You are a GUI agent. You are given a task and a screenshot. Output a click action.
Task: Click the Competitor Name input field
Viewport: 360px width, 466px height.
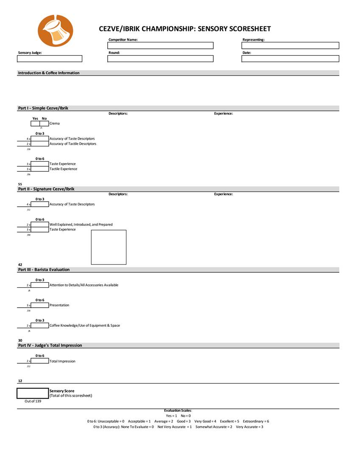pyautogui.click(x=160, y=45)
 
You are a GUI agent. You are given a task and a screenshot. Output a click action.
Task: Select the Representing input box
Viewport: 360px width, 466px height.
pyautogui.click(x=290, y=45)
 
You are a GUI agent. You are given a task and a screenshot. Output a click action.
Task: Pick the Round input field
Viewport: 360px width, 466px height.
pyautogui.click(x=160, y=59)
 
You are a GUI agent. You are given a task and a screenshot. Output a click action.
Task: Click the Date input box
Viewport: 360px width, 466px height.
pyautogui.click(x=290, y=59)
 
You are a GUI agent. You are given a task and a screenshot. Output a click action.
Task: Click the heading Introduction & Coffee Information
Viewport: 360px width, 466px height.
pyautogui.click(x=49, y=73)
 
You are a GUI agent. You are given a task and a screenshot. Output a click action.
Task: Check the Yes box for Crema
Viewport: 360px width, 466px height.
pyautogui.click(x=35, y=124)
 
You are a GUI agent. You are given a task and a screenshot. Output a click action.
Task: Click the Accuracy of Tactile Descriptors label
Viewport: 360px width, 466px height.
pyautogui.click(x=73, y=144)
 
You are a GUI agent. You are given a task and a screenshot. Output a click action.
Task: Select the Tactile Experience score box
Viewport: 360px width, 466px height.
pyautogui.click(x=40, y=169)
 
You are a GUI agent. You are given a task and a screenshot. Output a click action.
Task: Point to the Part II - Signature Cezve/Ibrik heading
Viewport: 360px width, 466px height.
pyautogui.click(x=49, y=189)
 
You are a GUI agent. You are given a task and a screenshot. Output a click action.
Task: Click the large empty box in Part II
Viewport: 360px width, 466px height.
pyautogui.click(x=109, y=247)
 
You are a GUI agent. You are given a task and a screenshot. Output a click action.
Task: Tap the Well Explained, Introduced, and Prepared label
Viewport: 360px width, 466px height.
pyautogui.click(x=81, y=225)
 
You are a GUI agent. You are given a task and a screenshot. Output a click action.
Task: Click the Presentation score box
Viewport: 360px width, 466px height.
pyautogui.click(x=40, y=305)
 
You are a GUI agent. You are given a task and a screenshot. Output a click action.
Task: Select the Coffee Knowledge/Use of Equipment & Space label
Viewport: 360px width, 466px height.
pyautogui.click(x=85, y=326)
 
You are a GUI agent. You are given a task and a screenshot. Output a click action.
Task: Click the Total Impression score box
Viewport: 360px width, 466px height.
pyautogui.click(x=40, y=361)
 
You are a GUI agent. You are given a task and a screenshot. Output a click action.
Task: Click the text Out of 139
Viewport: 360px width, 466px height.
pyautogui.click(x=33, y=401)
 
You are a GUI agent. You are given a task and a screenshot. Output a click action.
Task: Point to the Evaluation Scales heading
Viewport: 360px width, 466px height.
pyautogui.click(x=178, y=410)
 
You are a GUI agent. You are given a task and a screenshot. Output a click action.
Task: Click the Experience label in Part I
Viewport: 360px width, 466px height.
pyautogui.click(x=223, y=113)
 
